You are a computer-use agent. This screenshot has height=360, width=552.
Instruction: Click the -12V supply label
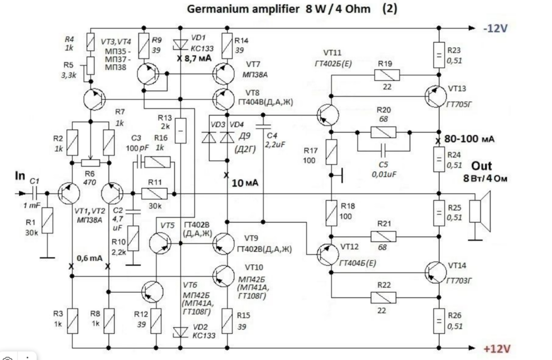(495, 29)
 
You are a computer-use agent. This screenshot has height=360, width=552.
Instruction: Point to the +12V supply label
(497, 349)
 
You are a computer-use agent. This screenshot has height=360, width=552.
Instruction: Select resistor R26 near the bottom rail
(439, 322)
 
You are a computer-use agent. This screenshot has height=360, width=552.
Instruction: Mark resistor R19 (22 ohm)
(387, 74)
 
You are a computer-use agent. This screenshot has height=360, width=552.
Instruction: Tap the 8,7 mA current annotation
(197, 58)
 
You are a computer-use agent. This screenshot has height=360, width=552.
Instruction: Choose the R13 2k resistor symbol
(180, 131)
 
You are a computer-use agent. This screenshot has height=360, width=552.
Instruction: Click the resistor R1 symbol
(47, 221)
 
